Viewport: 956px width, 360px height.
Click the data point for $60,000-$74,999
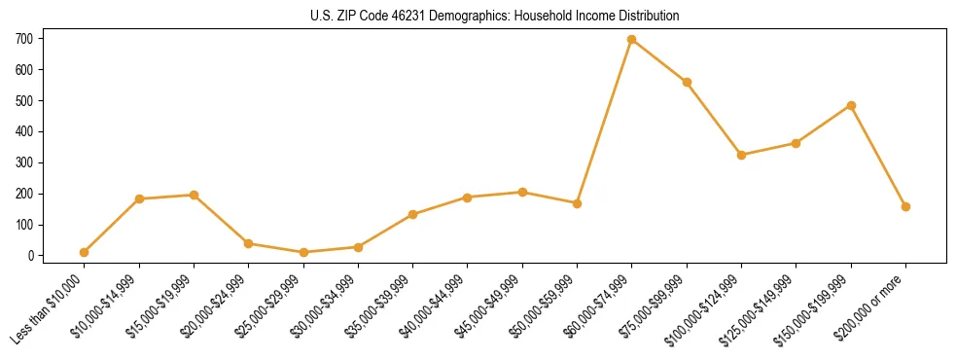coord(632,40)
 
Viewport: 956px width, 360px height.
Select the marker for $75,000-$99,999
coord(687,83)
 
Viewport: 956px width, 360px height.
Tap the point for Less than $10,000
coord(85,252)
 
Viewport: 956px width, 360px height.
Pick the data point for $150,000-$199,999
coord(851,105)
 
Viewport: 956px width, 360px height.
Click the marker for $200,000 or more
coord(905,206)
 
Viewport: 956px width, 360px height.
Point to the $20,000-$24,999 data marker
coord(249,243)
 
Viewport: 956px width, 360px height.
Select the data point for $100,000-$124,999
coord(741,155)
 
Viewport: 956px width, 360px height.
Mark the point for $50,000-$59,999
coord(577,203)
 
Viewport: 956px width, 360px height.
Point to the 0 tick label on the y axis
coord(32,256)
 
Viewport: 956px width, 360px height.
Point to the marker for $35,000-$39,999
coord(412,214)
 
